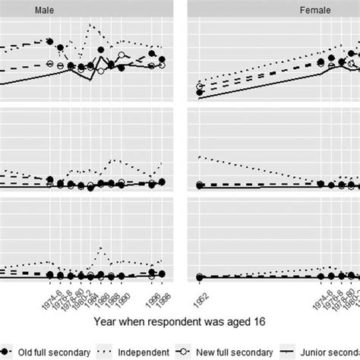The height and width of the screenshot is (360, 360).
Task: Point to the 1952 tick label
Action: pos(200,293)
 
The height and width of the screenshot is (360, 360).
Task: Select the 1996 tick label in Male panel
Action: pos(153,293)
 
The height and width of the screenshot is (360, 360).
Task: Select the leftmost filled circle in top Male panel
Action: pos(50,42)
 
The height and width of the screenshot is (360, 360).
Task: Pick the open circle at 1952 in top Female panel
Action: pos(200,86)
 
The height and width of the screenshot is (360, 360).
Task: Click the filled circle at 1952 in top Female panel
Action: pos(200,93)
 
